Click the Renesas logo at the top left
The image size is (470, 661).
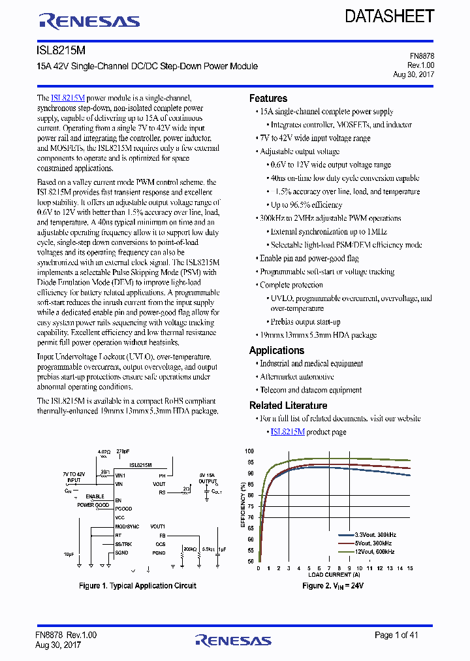click(x=89, y=22)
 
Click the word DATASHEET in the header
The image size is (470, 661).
click(x=389, y=16)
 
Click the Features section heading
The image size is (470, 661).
click(x=268, y=98)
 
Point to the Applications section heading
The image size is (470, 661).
click(x=276, y=350)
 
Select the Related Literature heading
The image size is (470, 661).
click(x=288, y=405)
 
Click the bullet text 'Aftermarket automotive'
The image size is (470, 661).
click(x=297, y=377)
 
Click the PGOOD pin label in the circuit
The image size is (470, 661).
click(x=123, y=508)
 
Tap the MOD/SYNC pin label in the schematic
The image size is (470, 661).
click(x=127, y=526)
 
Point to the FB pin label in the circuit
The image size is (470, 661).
click(x=163, y=534)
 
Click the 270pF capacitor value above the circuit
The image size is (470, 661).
click(x=123, y=451)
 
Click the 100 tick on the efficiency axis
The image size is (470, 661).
click(x=249, y=451)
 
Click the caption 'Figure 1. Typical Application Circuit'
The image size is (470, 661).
click(x=137, y=586)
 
